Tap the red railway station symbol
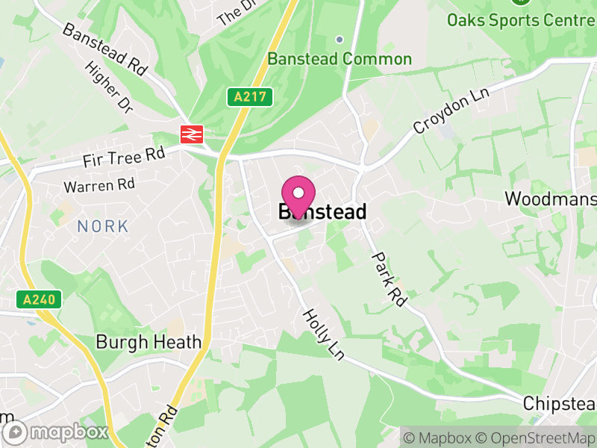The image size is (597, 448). click(x=192, y=134)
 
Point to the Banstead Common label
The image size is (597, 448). click(x=340, y=59)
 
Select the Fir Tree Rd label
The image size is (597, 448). click(x=123, y=157)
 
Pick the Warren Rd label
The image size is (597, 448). click(x=99, y=184)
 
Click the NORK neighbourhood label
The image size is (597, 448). click(x=103, y=225)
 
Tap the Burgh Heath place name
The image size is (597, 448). click(x=149, y=342)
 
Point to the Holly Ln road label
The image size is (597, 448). click(x=323, y=335)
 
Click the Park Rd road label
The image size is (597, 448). click(x=389, y=279)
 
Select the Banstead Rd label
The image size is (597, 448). click(x=104, y=49)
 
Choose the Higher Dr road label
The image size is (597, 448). click(x=109, y=87)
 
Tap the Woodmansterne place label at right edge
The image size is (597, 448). click(x=550, y=199)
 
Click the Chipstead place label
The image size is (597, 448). click(x=559, y=403)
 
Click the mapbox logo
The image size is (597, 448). click(x=56, y=432)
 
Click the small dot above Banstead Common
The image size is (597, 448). click(x=339, y=40)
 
